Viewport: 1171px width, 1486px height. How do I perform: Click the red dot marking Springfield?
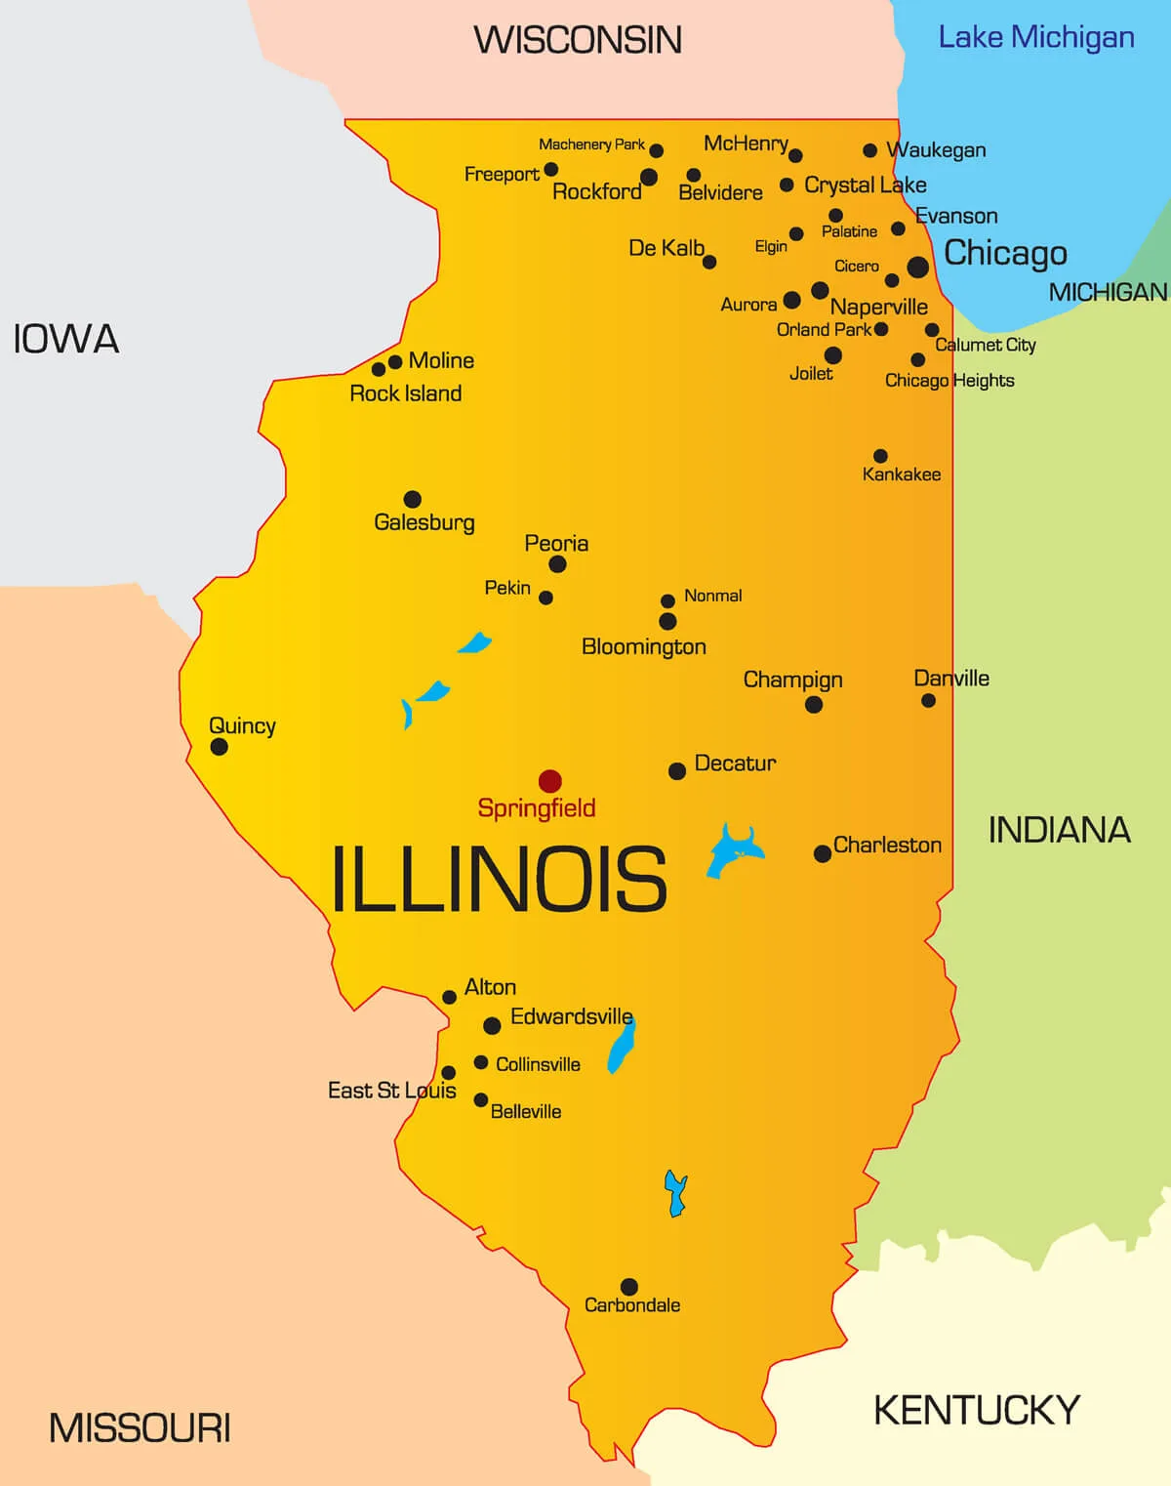click(550, 781)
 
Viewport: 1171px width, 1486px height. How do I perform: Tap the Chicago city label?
click(1005, 253)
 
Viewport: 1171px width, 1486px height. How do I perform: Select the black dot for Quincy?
click(220, 747)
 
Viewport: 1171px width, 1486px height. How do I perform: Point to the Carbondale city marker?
click(629, 1287)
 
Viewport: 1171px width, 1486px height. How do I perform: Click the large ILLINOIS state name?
click(499, 880)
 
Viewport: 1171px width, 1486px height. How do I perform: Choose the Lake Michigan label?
click(1035, 38)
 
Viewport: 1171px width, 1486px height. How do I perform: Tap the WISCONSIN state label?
click(578, 40)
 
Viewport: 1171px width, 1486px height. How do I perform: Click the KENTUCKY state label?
click(976, 1410)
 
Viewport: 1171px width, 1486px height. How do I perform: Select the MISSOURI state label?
click(140, 1428)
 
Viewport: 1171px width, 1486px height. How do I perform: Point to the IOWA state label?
click(65, 340)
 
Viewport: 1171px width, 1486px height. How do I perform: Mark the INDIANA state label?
click(1059, 830)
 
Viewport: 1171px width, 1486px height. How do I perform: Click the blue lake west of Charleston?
click(734, 851)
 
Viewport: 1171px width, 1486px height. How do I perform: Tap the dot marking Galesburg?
click(413, 499)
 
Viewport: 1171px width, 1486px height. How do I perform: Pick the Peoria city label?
click(556, 543)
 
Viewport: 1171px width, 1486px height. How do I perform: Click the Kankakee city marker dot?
click(880, 456)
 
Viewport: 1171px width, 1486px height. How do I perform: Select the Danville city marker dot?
click(928, 700)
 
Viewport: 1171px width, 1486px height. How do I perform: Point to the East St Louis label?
click(391, 1091)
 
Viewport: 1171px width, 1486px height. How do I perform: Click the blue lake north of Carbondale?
click(675, 1193)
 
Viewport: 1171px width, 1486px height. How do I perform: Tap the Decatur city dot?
click(676, 771)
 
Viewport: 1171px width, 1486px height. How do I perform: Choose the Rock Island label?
click(405, 393)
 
